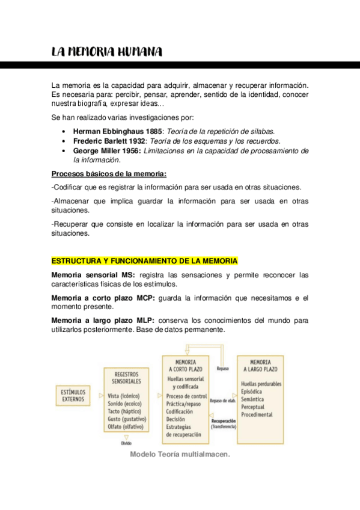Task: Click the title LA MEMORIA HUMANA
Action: coord(106,52)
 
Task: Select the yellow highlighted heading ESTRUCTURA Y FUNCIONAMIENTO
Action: coord(144,261)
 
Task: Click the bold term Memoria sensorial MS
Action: coord(93,275)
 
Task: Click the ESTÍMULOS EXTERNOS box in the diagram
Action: coord(74,395)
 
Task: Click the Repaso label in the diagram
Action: coord(223,369)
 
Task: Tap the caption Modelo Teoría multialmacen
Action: coord(180,455)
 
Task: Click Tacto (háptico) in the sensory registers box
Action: coord(124,411)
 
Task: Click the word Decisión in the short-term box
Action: coord(177,419)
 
